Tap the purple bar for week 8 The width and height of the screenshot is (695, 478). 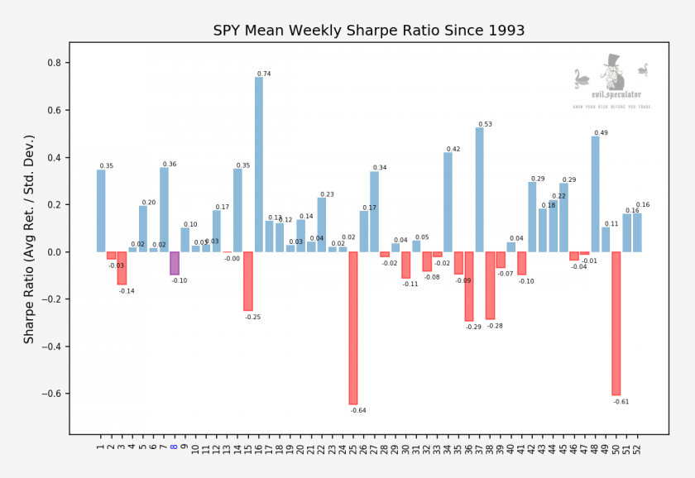tap(175, 263)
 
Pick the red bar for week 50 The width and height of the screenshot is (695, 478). tap(616, 323)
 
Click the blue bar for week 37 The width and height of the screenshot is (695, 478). tap(480, 189)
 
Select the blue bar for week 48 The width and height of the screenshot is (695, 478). tap(595, 194)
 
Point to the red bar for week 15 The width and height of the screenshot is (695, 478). tap(248, 281)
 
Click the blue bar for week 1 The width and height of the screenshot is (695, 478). tap(101, 211)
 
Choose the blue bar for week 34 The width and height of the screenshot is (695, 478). tap(448, 202)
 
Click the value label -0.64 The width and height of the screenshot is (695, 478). tap(358, 410)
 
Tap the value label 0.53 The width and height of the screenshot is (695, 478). tap(485, 124)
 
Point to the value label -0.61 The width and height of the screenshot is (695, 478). tap(621, 401)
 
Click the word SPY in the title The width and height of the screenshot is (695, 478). tap(228, 31)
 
